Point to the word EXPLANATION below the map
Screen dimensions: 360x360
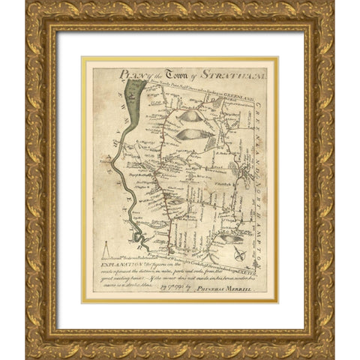(118, 265)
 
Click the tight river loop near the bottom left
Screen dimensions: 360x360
(137, 239)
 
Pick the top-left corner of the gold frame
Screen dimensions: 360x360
(28, 4)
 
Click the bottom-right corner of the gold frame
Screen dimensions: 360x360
(332, 356)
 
